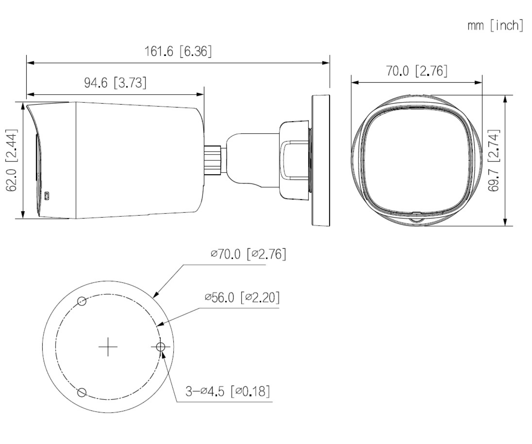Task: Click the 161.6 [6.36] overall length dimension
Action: point(178,52)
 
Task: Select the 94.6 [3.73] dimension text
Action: point(115,83)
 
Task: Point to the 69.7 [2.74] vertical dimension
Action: point(494,160)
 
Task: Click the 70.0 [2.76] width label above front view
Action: point(417,71)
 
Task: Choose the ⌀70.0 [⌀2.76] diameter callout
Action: point(248,254)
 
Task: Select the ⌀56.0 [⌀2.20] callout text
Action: point(242,297)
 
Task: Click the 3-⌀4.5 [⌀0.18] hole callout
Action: point(228,391)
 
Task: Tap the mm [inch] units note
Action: point(495,25)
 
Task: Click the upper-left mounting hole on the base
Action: point(82,301)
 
